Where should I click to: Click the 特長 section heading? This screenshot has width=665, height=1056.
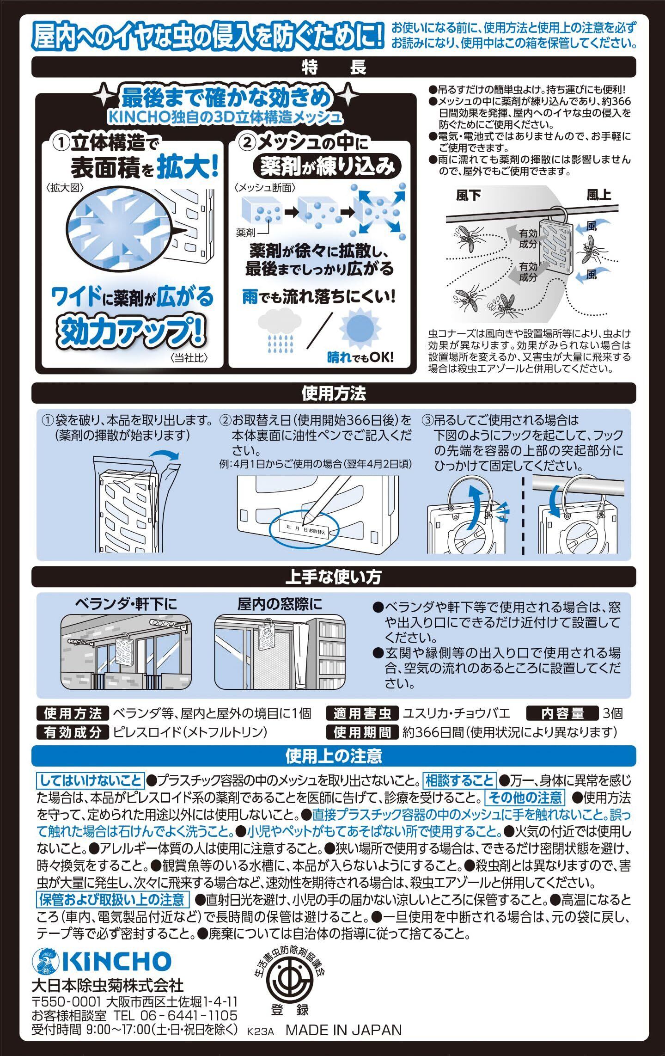(x=334, y=68)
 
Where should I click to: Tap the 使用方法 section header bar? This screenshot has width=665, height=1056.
(x=334, y=393)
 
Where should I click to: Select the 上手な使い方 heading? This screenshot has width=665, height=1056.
(x=334, y=577)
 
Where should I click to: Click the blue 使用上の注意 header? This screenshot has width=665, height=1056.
(x=334, y=756)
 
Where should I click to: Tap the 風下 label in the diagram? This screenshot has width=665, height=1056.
(x=468, y=196)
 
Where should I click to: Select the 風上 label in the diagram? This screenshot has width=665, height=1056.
(x=599, y=195)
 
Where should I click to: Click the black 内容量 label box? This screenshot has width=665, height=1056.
(x=562, y=714)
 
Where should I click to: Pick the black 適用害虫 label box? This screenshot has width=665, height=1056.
(x=362, y=714)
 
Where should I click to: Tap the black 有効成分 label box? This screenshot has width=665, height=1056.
(x=73, y=732)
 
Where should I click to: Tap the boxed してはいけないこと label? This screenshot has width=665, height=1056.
(x=91, y=781)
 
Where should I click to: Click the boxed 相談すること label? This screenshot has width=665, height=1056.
(x=459, y=781)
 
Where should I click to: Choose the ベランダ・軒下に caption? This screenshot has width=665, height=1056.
(x=126, y=604)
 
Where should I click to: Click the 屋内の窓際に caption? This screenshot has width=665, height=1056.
(x=280, y=604)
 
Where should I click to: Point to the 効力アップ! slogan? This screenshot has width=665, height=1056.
(x=131, y=331)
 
